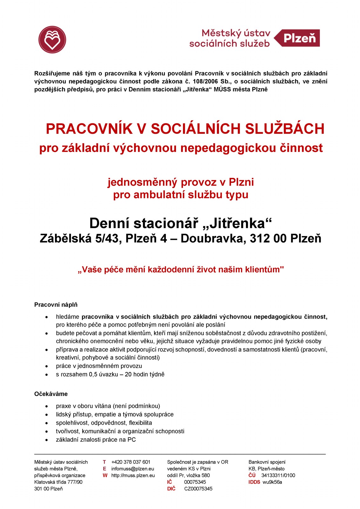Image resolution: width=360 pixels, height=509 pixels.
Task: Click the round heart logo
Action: (x=52, y=40)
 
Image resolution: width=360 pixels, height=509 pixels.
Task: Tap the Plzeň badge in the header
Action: (x=299, y=38)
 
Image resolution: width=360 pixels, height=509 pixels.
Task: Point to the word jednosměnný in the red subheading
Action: (x=142, y=182)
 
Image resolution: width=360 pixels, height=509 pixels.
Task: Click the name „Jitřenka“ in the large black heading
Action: (x=237, y=223)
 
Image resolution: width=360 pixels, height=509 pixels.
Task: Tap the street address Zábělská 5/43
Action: (x=81, y=238)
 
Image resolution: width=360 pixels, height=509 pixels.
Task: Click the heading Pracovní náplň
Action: (x=56, y=305)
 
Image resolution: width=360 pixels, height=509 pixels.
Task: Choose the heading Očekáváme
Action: (x=51, y=394)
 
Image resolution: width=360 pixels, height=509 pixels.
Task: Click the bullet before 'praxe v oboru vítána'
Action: (x=47, y=406)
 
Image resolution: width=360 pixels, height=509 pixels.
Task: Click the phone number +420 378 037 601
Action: (x=131, y=462)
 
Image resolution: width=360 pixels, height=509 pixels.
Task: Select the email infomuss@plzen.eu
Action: (x=132, y=469)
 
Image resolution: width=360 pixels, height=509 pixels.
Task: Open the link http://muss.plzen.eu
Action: (x=133, y=475)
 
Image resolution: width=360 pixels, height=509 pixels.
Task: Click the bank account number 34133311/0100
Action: (x=278, y=475)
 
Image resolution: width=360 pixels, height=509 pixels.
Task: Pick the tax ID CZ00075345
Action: (x=198, y=489)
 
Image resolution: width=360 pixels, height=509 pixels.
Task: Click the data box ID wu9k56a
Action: (x=272, y=482)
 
